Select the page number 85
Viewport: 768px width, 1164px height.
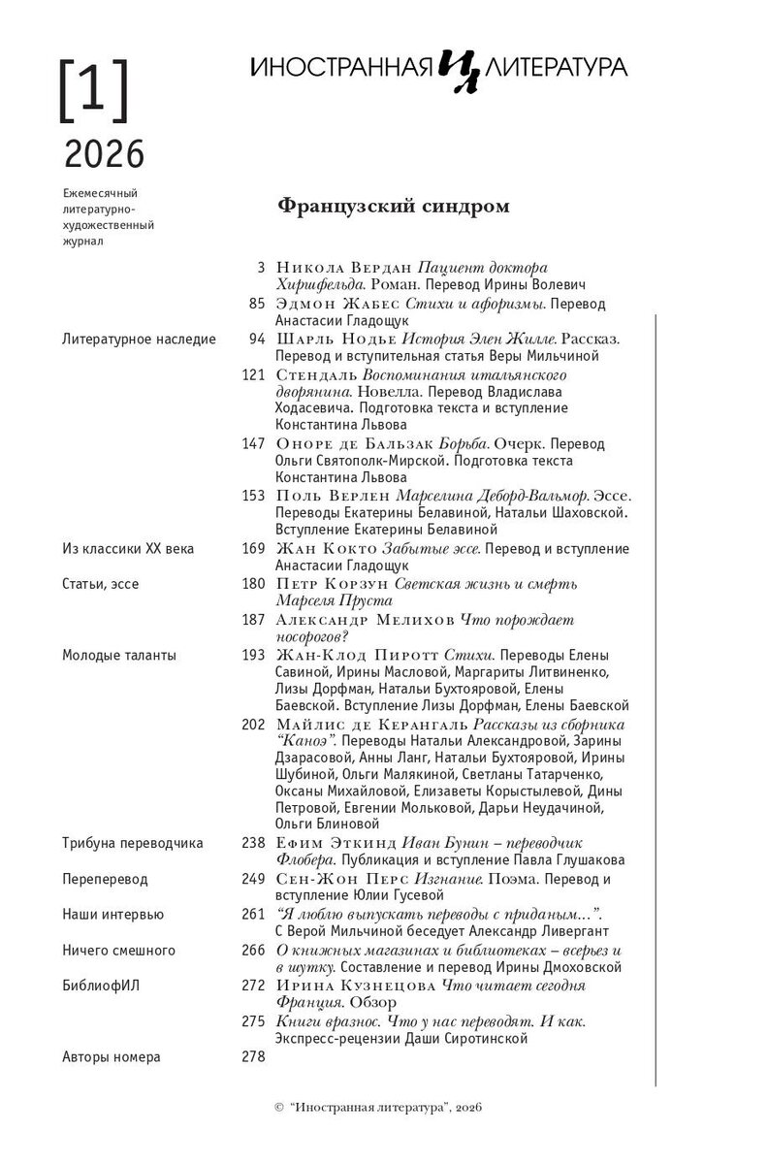(257, 304)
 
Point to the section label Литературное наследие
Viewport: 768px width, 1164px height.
(138, 339)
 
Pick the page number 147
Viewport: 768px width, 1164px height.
(253, 443)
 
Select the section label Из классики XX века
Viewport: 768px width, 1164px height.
(127, 549)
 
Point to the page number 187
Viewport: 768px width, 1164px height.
(253, 619)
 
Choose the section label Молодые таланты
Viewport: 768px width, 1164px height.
(118, 655)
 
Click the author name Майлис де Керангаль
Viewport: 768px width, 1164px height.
(372, 725)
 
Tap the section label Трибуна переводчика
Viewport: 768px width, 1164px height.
(132, 843)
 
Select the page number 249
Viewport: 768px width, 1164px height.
(253, 880)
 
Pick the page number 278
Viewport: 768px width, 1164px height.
(253, 1056)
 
